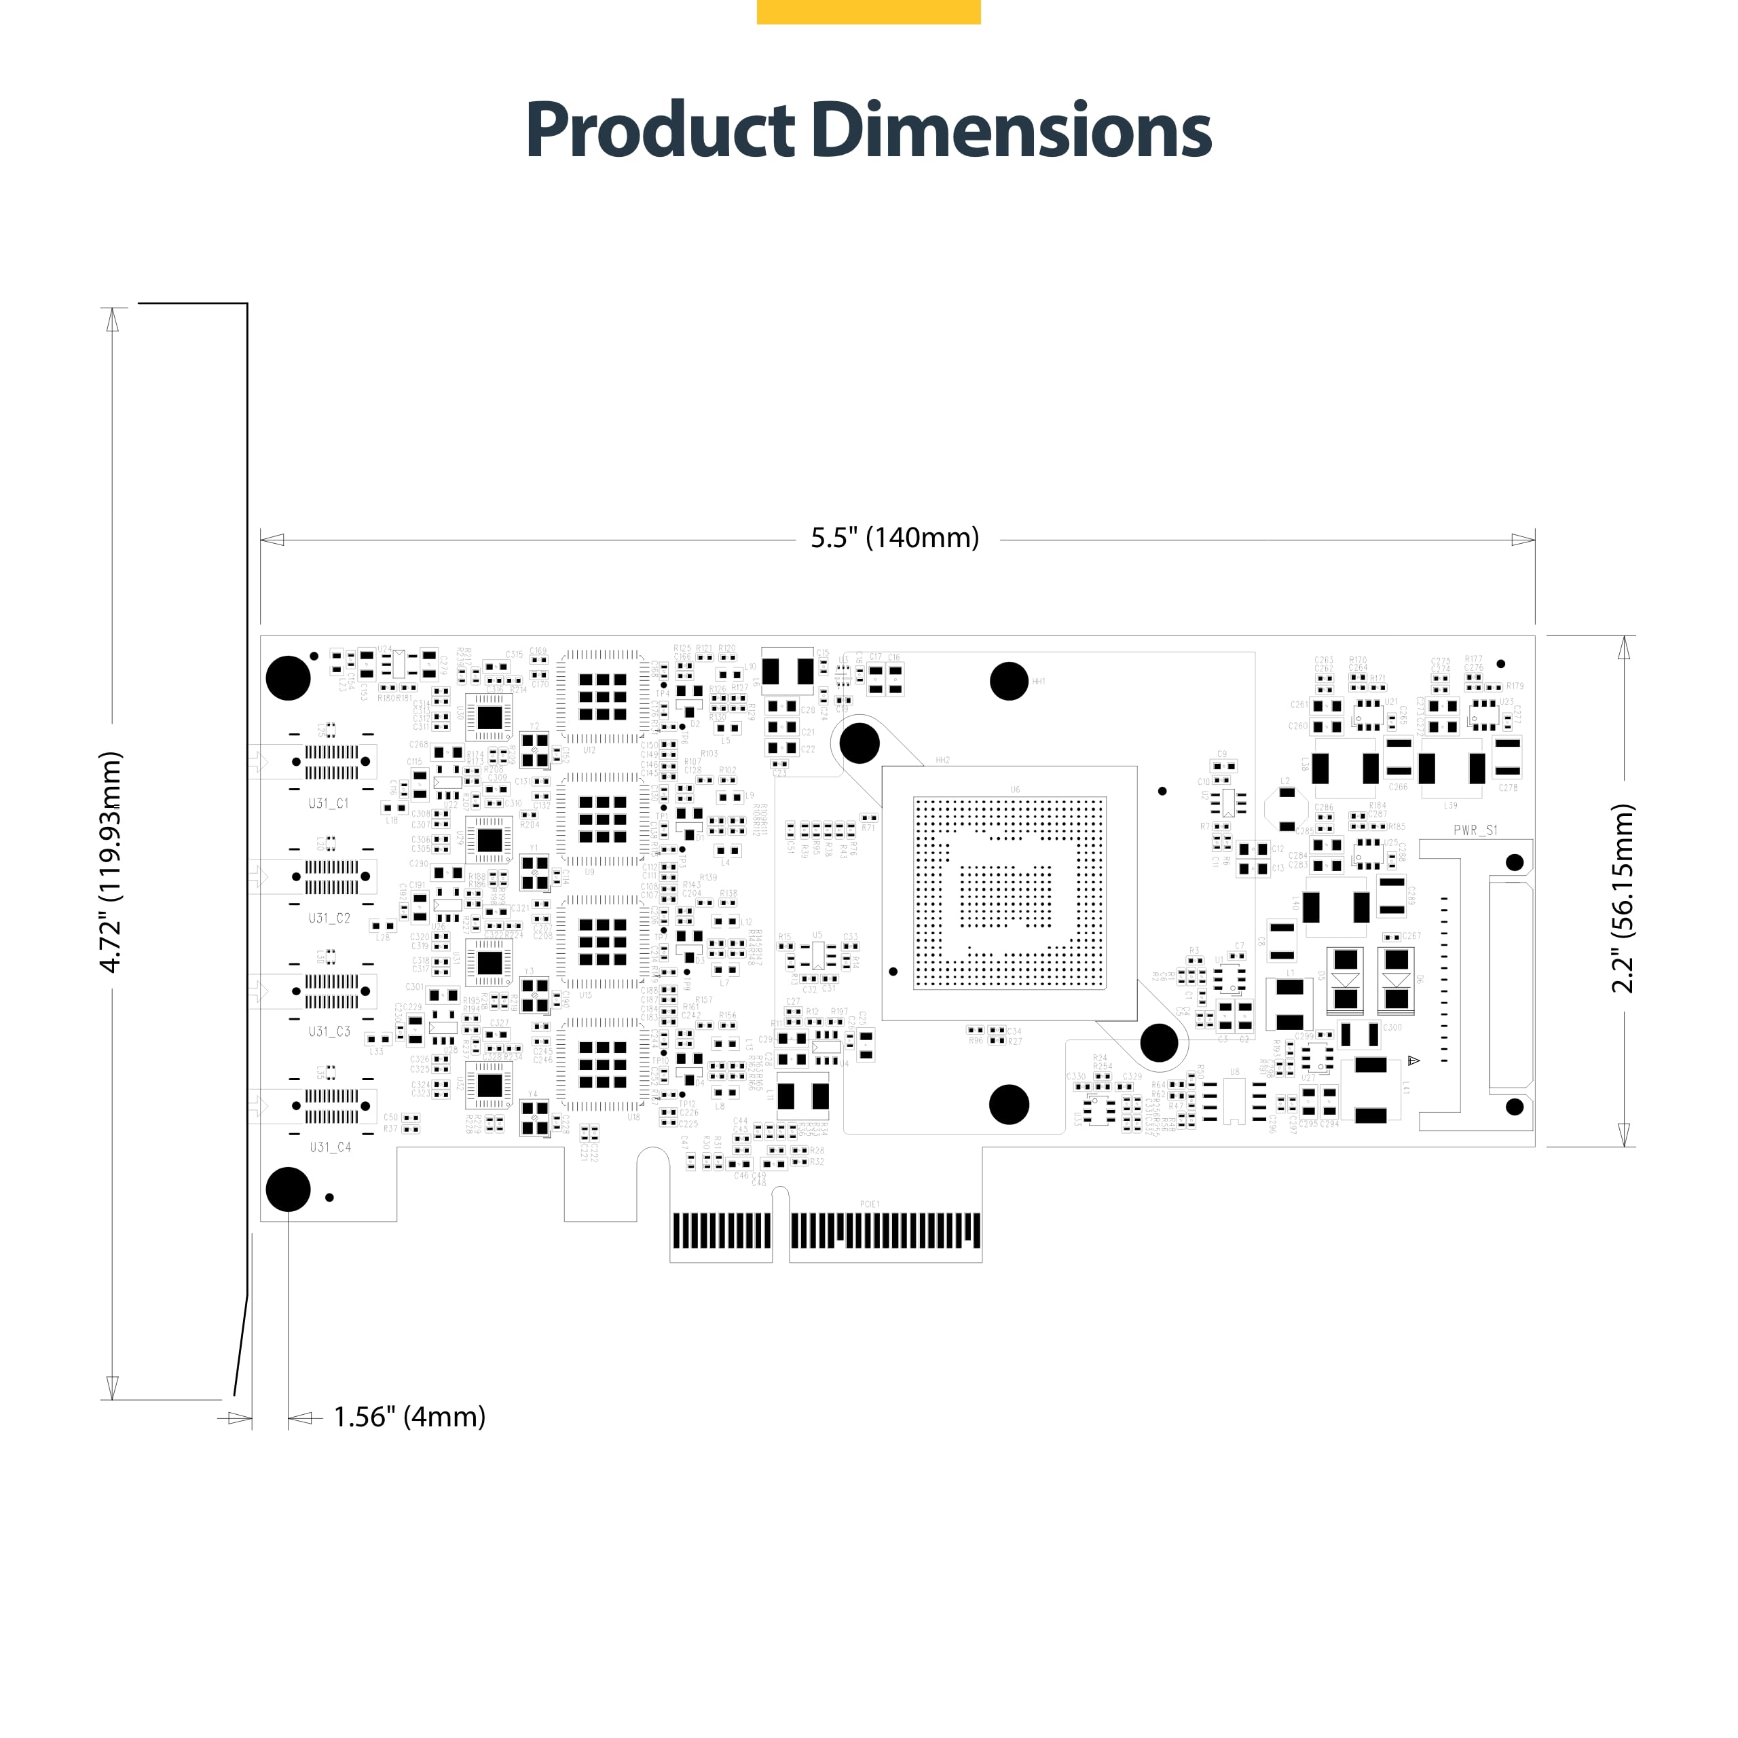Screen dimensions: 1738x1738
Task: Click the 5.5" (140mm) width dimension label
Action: tap(894, 538)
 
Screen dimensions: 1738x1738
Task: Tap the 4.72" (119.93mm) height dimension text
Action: tap(110, 862)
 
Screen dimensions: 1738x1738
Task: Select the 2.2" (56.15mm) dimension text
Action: tap(1622, 898)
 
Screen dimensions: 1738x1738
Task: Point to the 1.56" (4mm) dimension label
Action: tap(409, 1417)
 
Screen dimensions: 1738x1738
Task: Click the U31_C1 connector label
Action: tap(329, 803)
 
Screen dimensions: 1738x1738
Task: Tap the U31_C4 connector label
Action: tap(330, 1147)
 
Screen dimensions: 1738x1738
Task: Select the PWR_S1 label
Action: tap(1475, 830)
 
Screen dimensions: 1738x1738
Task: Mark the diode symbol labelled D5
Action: tap(1345, 979)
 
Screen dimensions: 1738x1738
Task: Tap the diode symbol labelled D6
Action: tap(1396, 979)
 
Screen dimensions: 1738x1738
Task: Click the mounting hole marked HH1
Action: tap(1008, 681)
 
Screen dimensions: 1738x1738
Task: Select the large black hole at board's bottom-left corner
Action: tap(288, 1189)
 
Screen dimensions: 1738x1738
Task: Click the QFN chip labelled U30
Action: tap(489, 717)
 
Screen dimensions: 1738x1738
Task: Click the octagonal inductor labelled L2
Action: tap(1287, 809)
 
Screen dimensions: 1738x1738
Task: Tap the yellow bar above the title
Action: tap(868, 12)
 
